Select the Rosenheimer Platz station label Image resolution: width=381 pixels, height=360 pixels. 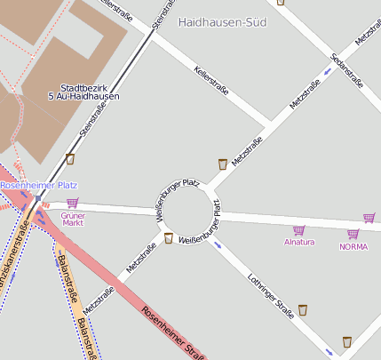pos(38,185)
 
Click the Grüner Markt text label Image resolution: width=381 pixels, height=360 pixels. pos(73,219)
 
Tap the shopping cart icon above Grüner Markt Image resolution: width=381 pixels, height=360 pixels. pos(72,203)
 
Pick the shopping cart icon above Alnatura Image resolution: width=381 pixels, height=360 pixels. pos(298,230)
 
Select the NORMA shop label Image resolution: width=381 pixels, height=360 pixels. pos(353,246)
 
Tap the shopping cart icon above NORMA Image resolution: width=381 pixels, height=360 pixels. pos(353,235)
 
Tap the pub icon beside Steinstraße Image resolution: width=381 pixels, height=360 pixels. pos(70,160)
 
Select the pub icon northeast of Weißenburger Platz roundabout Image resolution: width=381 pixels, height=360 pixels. pos(222,164)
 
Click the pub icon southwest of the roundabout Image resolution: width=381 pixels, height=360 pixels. pos(168,237)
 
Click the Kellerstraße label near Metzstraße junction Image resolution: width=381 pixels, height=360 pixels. pos(211,81)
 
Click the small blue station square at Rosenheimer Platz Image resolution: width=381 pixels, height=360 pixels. pos(38,198)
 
